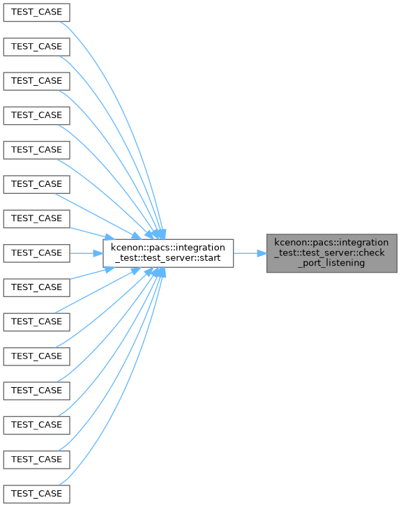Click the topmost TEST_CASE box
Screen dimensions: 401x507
point(36,13)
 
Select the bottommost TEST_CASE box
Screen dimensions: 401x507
point(36,494)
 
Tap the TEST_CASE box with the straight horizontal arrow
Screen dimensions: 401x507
point(36,253)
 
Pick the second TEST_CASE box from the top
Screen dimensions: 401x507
point(36,47)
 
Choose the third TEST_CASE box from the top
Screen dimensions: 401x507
point(36,81)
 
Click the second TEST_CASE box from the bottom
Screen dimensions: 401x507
point(36,460)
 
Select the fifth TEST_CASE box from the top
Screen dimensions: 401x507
point(36,150)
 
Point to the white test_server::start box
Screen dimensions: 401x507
point(168,253)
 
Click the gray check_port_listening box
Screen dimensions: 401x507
point(332,253)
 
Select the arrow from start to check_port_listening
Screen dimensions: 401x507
point(250,253)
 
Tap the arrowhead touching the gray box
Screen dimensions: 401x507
point(262,253)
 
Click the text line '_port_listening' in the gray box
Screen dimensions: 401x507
point(331,263)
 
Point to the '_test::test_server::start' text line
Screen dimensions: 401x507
point(168,258)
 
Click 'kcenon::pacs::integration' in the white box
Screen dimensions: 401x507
point(168,248)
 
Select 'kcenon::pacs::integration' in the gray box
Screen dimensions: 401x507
point(331,243)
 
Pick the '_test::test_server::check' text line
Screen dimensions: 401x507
point(330,252)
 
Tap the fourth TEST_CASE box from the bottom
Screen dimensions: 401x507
point(36,391)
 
